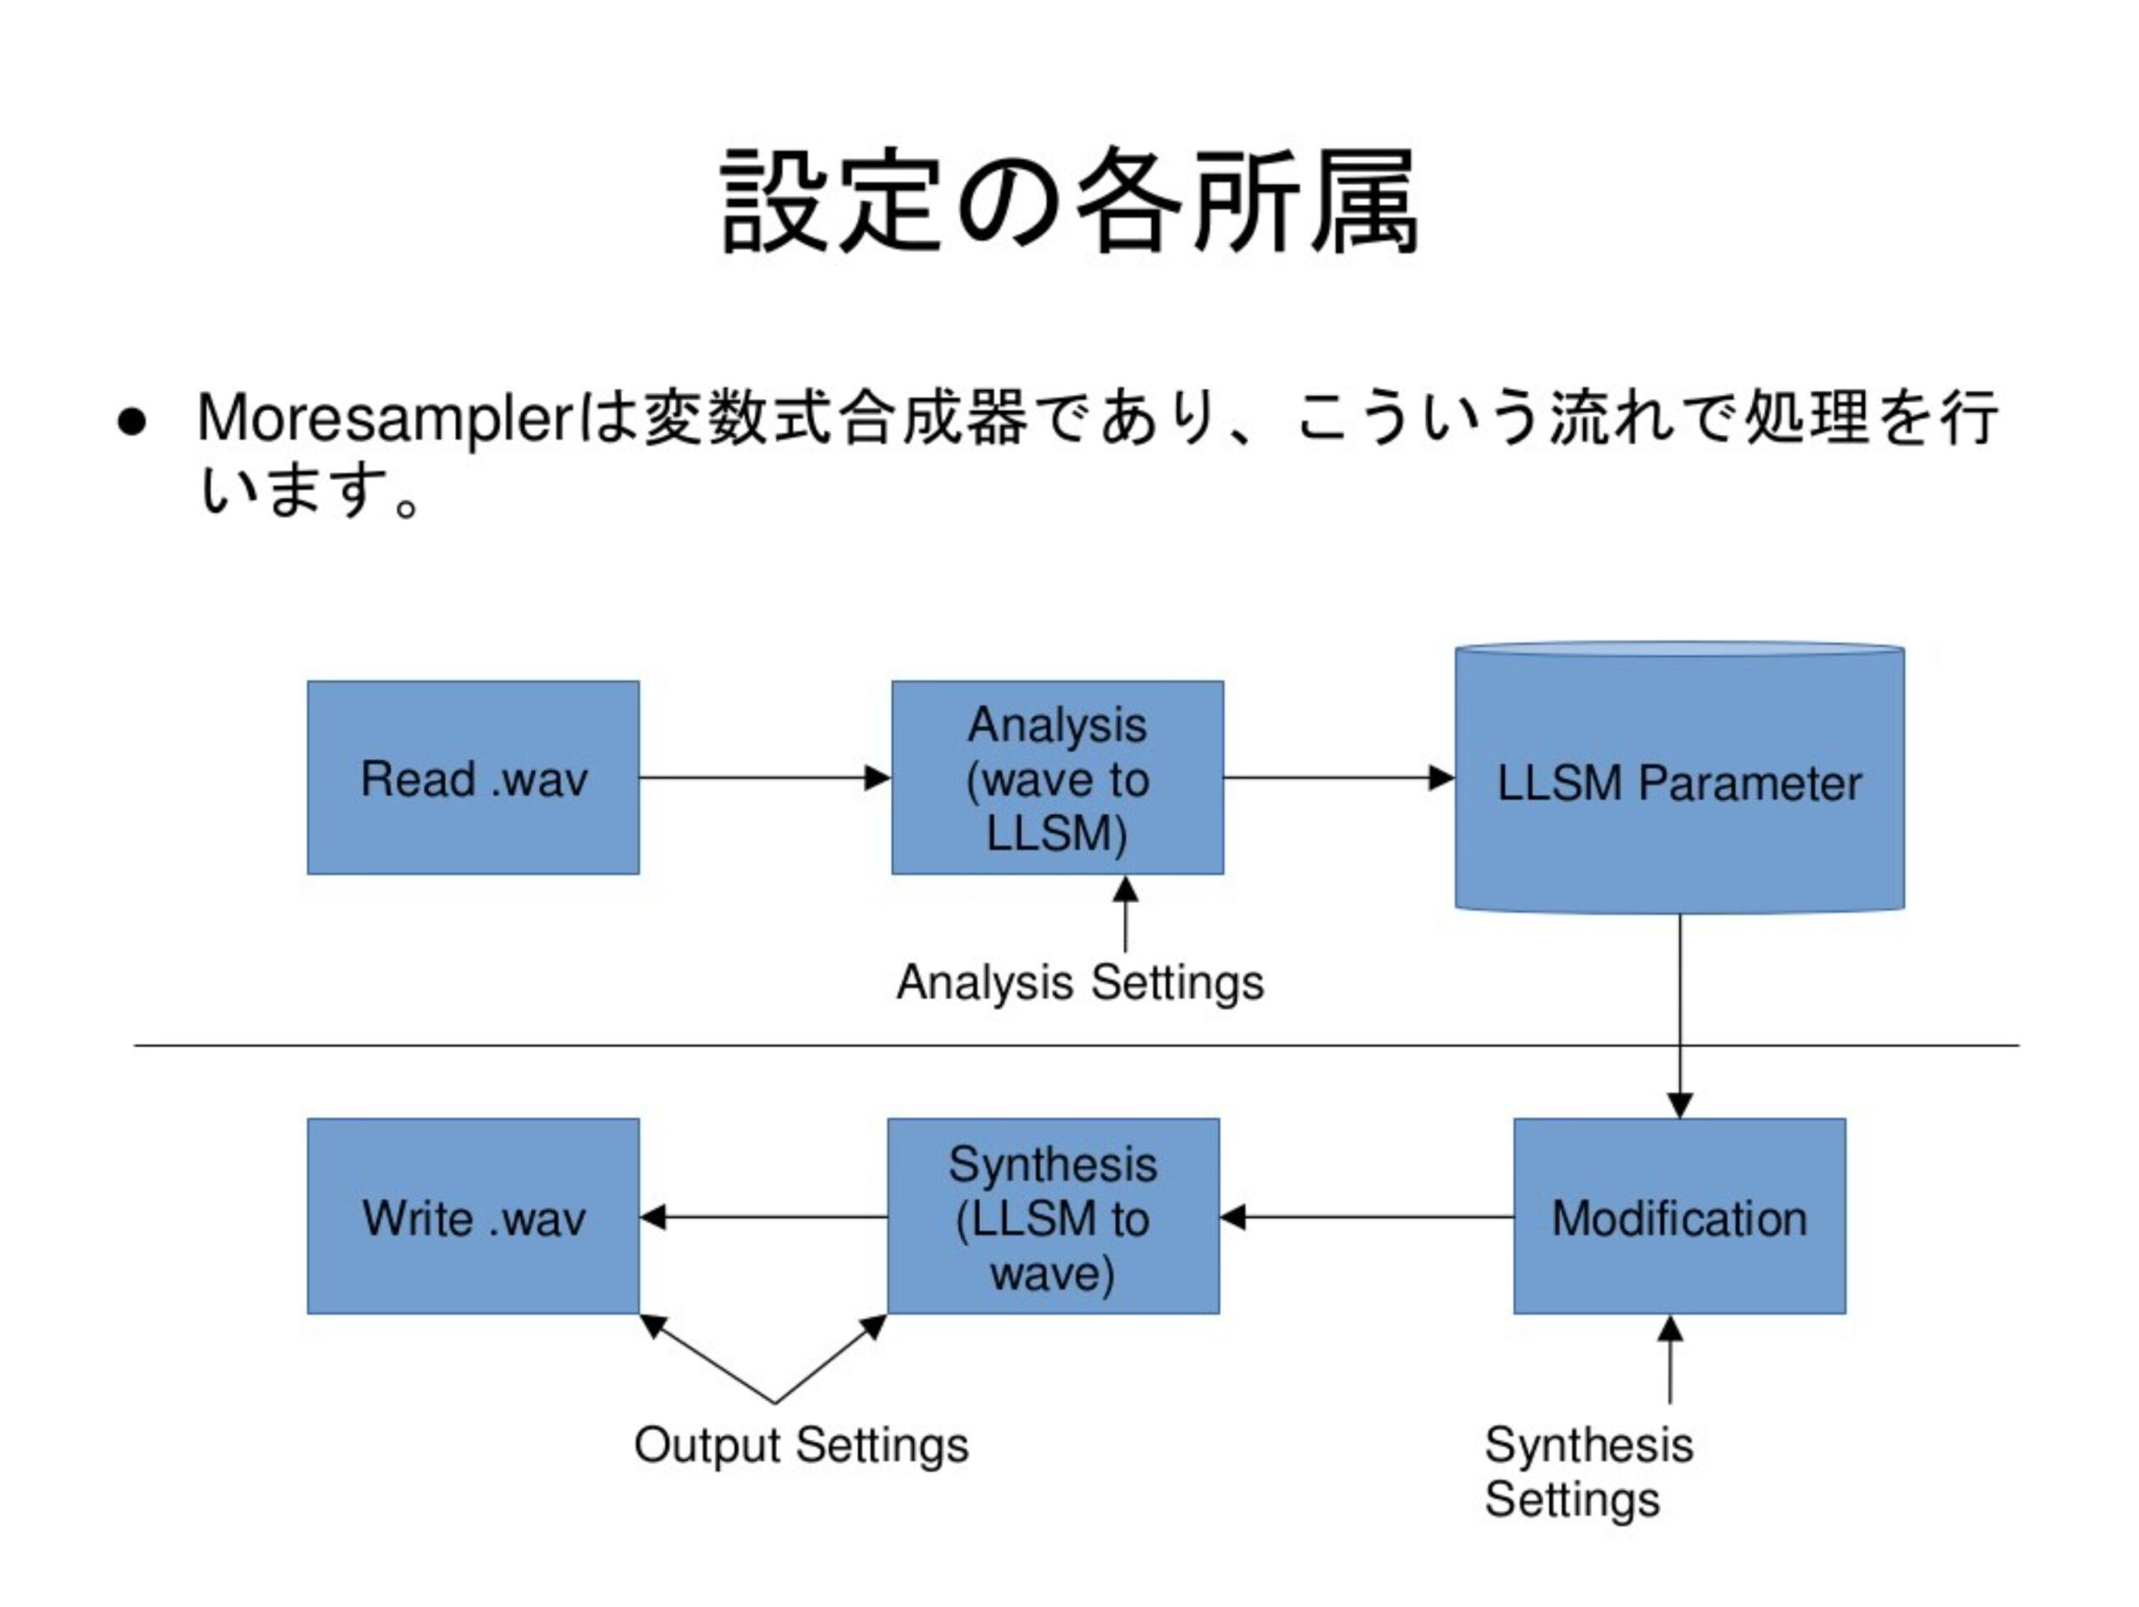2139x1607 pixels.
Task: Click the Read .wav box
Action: click(473, 778)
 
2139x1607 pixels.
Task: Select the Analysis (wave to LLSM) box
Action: click(1057, 778)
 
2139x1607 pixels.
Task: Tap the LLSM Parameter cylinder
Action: click(1679, 778)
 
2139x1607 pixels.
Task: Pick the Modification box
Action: click(1679, 1216)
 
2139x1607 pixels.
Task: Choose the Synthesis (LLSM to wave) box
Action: click(1053, 1216)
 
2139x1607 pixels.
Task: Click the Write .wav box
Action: click(473, 1216)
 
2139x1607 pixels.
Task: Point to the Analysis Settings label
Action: click(1080, 983)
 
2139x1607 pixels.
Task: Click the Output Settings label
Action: click(800, 1446)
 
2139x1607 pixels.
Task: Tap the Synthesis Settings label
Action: click(1588, 1472)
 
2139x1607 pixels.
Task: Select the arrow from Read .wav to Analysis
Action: click(765, 778)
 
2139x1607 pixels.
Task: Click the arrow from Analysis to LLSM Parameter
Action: click(1339, 778)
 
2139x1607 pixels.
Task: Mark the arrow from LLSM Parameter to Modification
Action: click(1679, 1016)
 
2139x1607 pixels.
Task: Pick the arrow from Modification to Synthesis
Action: click(1366, 1217)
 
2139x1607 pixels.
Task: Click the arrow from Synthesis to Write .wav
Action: click(763, 1217)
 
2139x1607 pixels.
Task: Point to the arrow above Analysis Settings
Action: click(1125, 914)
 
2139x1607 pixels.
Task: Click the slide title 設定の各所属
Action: click(1069, 200)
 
